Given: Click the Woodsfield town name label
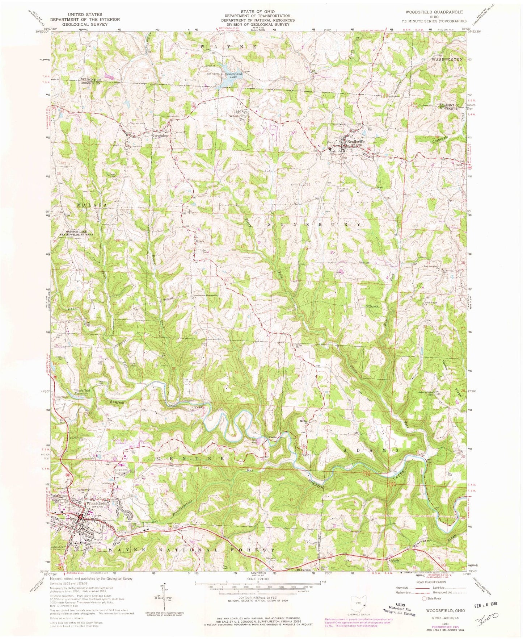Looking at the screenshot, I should (x=96, y=504).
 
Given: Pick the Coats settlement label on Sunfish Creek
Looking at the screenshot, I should (x=273, y=437).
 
